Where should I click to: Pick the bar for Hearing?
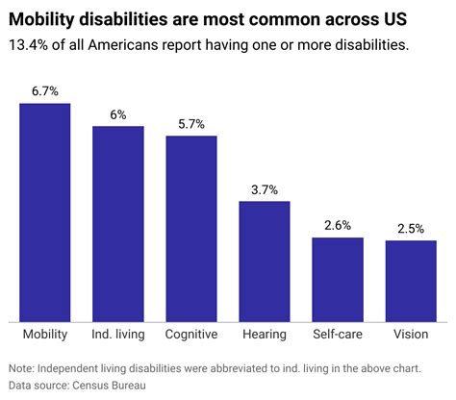(x=265, y=261)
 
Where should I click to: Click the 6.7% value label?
(x=44, y=91)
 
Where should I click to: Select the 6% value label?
(x=117, y=114)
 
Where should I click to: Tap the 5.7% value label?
(x=191, y=124)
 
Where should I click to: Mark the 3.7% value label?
(x=265, y=189)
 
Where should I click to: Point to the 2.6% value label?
(x=338, y=226)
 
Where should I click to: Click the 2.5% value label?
(x=411, y=229)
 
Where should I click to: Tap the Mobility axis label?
(x=44, y=335)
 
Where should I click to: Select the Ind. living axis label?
(x=117, y=335)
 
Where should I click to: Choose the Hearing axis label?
(x=265, y=335)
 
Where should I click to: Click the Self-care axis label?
(x=338, y=335)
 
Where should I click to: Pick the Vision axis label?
(x=411, y=335)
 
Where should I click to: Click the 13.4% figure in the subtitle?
(x=26, y=44)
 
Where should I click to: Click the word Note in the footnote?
(x=19, y=368)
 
